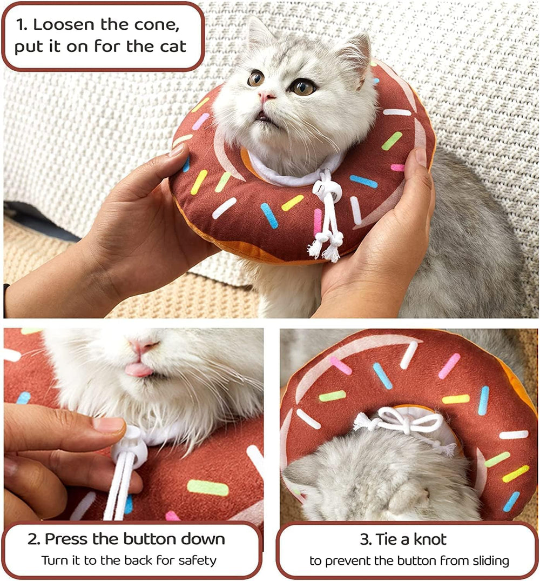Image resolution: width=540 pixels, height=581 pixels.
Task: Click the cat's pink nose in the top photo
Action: click(266, 97)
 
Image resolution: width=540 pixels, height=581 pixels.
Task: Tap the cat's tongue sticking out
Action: click(139, 370)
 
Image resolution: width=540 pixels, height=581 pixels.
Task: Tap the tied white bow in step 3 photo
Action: click(402, 421)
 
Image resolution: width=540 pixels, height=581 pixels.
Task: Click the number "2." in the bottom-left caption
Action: click(35, 539)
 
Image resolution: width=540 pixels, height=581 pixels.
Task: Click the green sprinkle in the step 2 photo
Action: click(208, 487)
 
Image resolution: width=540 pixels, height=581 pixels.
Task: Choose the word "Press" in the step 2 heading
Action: click(69, 539)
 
